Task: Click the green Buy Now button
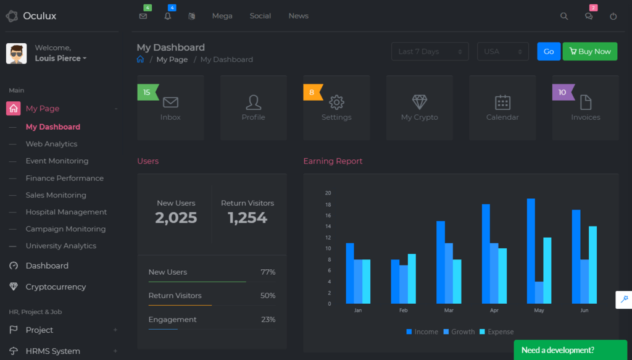(x=589, y=51)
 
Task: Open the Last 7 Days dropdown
(x=430, y=51)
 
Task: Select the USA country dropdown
(x=502, y=51)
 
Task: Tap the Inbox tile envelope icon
(x=170, y=102)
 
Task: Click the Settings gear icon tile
(x=336, y=102)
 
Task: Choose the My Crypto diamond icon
(x=420, y=102)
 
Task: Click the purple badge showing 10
(x=562, y=92)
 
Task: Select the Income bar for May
(x=531, y=251)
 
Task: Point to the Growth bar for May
(x=539, y=292)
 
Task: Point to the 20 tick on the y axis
(x=328, y=193)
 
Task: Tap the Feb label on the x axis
(x=403, y=311)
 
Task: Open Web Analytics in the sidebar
(x=51, y=144)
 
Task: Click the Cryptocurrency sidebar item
(x=56, y=287)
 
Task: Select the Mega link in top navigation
(x=222, y=16)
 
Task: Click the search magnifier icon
(x=564, y=17)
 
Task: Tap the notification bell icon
(x=167, y=17)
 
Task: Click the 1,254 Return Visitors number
(x=247, y=217)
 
